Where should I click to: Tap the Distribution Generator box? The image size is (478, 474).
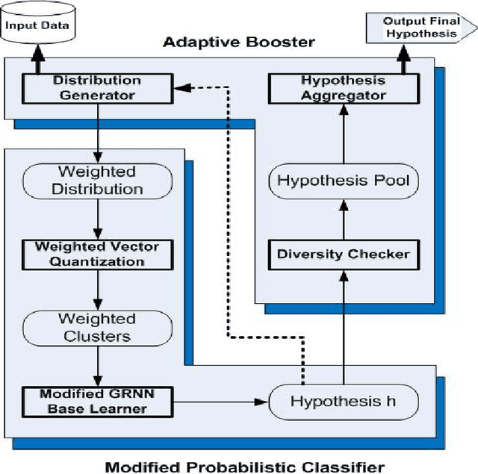coord(96,88)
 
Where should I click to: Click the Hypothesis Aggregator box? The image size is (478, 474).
coord(344,88)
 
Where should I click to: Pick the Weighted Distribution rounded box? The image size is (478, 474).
coord(97,181)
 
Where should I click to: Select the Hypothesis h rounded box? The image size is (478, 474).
coord(343,402)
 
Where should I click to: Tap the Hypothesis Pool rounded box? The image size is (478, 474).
coord(344,181)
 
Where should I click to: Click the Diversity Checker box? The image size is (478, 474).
coord(344,254)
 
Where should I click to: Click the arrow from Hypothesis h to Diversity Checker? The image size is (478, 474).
coord(344,328)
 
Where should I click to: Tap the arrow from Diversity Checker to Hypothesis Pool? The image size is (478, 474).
coord(344,218)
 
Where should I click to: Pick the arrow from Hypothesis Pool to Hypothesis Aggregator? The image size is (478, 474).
coord(344,134)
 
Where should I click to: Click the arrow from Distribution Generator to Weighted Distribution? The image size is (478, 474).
coord(97,134)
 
